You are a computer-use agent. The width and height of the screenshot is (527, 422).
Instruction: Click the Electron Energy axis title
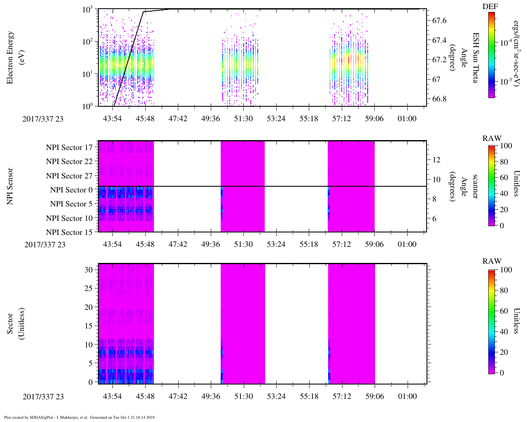10,58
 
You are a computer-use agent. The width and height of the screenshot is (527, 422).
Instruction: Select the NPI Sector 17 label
69,148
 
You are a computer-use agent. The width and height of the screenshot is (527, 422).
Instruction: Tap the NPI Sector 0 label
71,190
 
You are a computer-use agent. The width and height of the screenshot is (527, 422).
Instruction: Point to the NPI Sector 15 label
69,232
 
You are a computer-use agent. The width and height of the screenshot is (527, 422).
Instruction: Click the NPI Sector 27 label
69,176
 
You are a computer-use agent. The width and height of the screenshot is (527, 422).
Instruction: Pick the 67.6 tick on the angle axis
439,21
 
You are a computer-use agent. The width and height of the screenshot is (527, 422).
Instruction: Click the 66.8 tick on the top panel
439,99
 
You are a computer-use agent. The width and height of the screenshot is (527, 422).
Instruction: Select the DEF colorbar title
490,6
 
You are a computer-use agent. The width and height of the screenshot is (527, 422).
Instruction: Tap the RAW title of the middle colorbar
492,138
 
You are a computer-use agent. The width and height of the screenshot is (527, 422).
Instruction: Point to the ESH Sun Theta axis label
476,58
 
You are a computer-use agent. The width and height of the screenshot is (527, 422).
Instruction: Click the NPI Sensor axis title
10,186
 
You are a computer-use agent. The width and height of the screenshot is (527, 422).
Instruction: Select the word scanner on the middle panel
476,186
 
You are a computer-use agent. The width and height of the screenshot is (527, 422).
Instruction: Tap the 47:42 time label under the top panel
178,119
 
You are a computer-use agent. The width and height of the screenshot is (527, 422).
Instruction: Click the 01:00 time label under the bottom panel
407,396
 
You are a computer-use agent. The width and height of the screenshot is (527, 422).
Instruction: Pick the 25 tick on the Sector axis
89,288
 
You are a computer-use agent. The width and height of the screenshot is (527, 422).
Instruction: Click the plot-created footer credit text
79,417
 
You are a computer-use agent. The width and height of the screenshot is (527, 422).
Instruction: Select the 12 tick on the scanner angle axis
436,159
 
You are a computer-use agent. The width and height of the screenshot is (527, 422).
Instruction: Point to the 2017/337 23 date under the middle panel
45,244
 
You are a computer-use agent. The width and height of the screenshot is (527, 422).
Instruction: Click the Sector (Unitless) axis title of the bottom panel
14,324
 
